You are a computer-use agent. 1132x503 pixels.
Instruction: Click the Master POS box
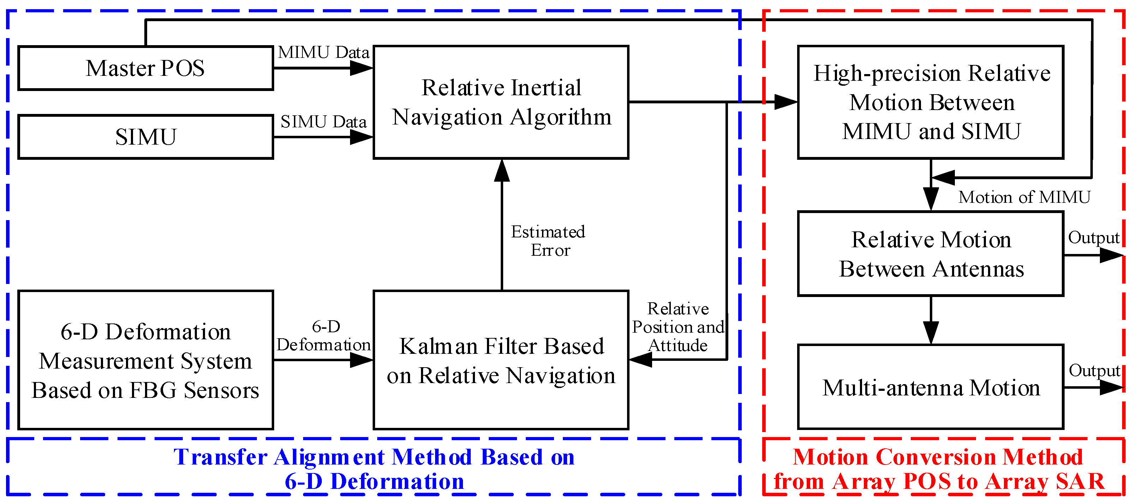[145, 68]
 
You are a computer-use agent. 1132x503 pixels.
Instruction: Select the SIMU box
[145, 137]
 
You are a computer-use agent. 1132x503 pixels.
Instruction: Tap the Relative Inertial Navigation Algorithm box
[501, 102]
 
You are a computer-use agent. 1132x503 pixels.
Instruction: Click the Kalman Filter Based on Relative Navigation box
[501, 360]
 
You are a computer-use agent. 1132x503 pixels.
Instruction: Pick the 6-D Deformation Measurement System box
[145, 360]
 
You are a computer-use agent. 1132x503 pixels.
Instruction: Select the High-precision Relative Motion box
[931, 102]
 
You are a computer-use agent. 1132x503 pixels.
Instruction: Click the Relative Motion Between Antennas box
[931, 254]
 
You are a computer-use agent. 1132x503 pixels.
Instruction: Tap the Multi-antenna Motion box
[931, 387]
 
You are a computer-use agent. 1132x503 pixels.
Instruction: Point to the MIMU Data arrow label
[324, 52]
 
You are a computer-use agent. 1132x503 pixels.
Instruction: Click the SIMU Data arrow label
[324, 122]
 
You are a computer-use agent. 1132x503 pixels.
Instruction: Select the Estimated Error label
[548, 241]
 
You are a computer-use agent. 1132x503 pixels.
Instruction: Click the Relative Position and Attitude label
[678, 327]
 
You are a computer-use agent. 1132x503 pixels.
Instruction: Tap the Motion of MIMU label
[1024, 197]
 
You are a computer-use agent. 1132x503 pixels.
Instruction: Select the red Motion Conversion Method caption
[939, 469]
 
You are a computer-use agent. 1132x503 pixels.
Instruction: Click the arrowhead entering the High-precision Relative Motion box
[786, 102]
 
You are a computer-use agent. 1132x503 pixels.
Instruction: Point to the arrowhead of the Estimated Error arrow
[502, 171]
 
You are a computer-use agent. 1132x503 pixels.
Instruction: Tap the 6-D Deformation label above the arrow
[324, 335]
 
